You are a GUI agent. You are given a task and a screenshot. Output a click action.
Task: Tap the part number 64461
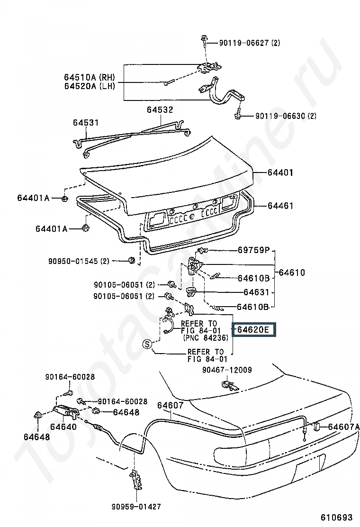[x=280, y=206]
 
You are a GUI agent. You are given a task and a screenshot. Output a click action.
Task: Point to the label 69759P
[x=254, y=250]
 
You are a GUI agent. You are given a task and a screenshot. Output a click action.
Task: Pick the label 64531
[x=86, y=122]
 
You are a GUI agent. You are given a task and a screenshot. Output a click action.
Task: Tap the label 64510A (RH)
[x=90, y=77]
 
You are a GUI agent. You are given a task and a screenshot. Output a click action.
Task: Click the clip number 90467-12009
[x=227, y=370]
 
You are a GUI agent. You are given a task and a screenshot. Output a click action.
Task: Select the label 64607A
[x=343, y=427]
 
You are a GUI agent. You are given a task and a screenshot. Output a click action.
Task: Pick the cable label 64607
[x=170, y=405]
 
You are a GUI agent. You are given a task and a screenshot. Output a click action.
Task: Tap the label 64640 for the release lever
[x=63, y=427]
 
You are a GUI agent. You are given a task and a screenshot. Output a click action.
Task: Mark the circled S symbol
[x=147, y=345]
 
